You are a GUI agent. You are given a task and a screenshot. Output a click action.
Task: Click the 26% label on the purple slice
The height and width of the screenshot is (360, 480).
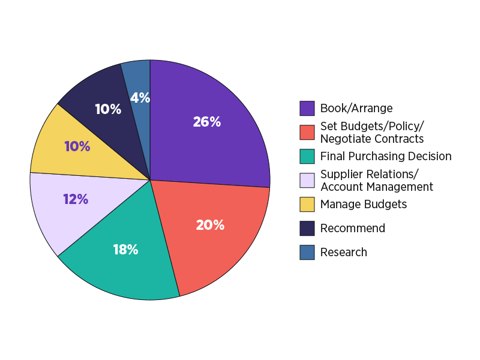(207, 122)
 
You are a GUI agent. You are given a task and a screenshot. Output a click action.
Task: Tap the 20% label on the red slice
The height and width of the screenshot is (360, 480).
(210, 225)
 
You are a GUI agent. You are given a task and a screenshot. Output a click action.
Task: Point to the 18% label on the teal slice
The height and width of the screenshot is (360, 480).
(125, 250)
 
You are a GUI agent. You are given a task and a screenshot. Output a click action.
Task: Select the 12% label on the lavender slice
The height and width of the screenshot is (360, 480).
(76, 199)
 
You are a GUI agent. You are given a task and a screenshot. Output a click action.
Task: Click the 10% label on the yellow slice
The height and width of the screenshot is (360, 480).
(77, 146)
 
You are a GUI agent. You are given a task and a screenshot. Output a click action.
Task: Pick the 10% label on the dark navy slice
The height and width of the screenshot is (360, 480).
(108, 109)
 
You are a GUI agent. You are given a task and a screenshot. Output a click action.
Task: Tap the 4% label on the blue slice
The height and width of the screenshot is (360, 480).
(140, 97)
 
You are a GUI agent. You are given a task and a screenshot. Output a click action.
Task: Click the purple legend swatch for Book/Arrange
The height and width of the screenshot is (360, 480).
(307, 108)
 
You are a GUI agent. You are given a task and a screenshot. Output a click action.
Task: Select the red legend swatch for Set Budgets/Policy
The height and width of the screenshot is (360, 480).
(307, 132)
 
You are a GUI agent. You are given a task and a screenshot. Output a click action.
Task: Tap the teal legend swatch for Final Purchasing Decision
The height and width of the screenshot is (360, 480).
(307, 156)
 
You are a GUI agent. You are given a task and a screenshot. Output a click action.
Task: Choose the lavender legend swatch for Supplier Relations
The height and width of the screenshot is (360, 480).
(307, 180)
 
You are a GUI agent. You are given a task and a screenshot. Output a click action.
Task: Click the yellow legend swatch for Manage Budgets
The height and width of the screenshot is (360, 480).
(307, 204)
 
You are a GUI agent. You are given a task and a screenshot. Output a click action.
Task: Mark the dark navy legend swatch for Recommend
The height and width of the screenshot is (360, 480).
(307, 228)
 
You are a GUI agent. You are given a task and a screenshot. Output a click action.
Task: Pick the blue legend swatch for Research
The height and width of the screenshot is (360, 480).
(307, 252)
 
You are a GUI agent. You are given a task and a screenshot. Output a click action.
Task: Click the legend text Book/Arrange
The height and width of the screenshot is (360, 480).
(356, 108)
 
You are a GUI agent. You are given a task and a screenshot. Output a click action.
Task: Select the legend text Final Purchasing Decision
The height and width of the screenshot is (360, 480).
(386, 156)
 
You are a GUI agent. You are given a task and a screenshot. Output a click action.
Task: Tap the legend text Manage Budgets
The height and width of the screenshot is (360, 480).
(364, 204)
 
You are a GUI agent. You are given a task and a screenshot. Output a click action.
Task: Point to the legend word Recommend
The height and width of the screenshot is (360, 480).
(353, 228)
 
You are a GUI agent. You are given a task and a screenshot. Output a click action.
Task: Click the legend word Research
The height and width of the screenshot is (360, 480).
(344, 252)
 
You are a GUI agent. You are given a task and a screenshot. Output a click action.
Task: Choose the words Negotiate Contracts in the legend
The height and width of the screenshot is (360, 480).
(372, 139)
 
